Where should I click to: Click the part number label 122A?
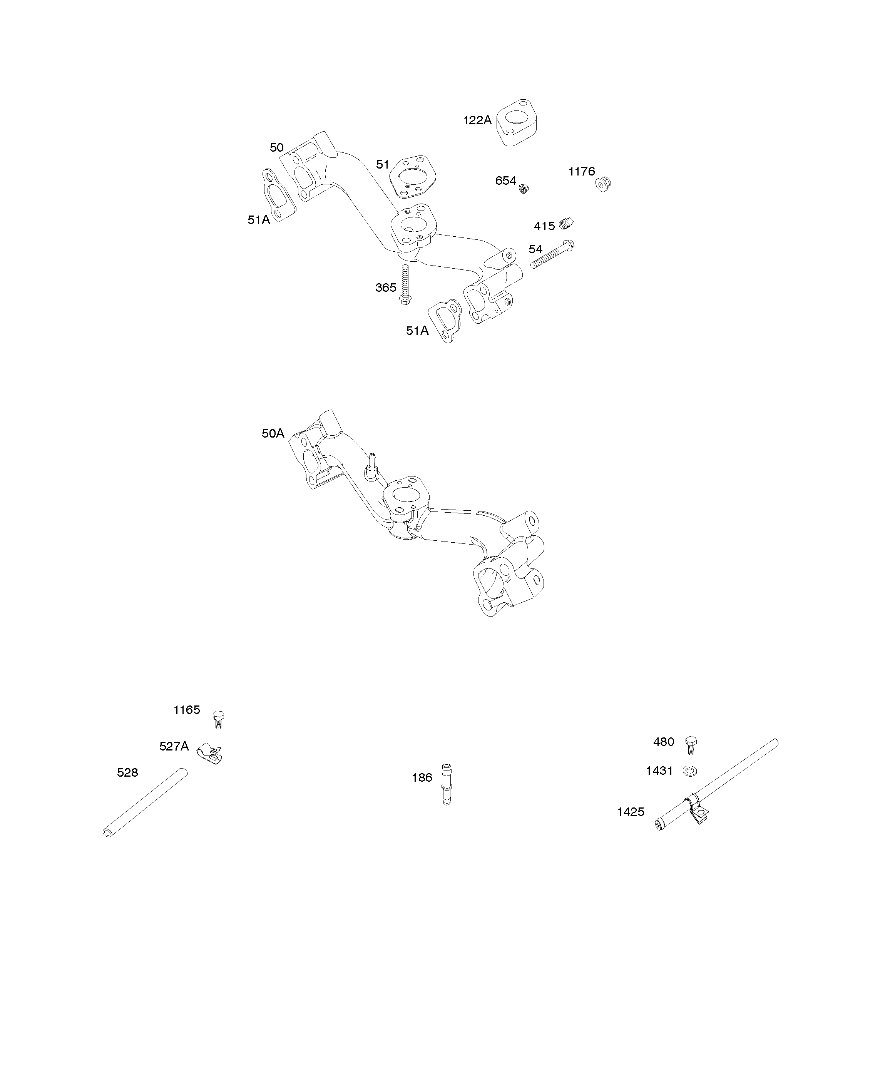tap(477, 120)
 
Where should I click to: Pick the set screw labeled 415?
tap(566, 223)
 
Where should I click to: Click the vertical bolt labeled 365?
tap(405, 284)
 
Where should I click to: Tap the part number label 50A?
tap(273, 433)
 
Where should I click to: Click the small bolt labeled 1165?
tap(218, 719)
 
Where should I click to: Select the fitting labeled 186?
tap(446, 784)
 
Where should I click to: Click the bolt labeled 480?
tap(691, 745)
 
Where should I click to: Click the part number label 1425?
tap(631, 812)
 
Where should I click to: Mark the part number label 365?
tap(386, 288)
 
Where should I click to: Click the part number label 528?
tap(127, 772)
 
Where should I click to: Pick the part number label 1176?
tap(582, 172)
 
